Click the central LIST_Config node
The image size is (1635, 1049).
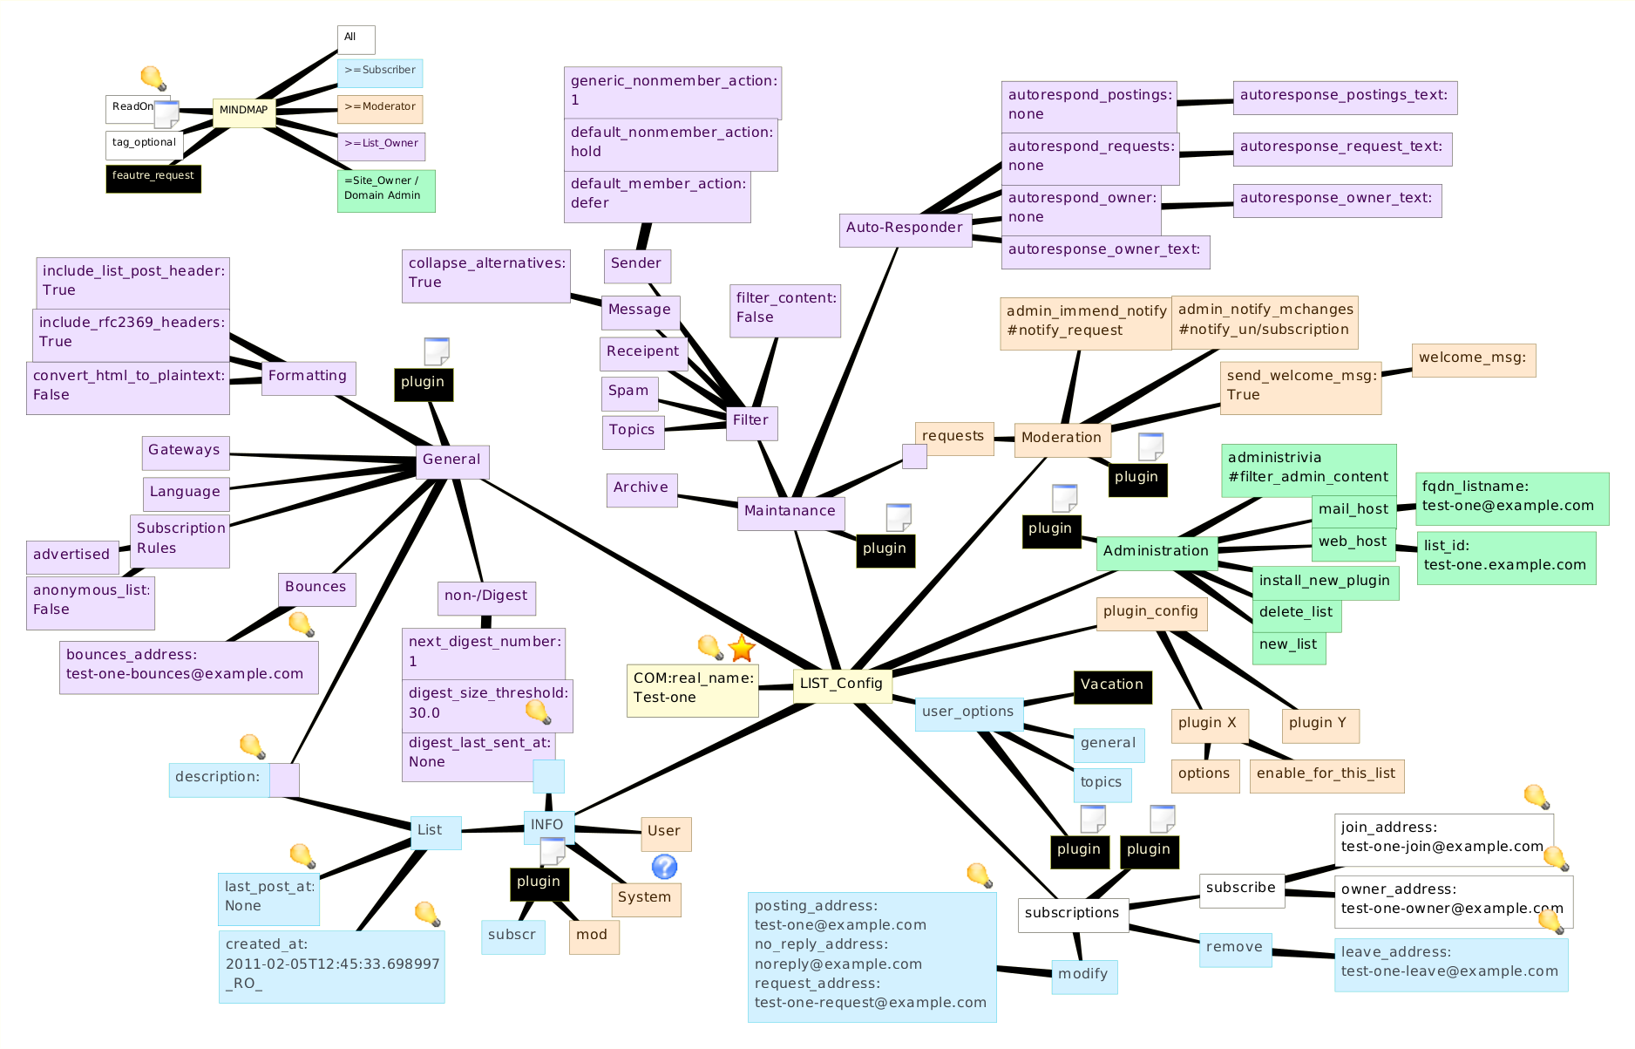[842, 684]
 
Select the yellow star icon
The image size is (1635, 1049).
[741, 648]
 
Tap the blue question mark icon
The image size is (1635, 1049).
[664, 866]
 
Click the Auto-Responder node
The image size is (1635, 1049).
[905, 228]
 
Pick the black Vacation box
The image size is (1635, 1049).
[1112, 685]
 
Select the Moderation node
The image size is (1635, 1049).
[1062, 438]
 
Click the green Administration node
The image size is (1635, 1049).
[1156, 551]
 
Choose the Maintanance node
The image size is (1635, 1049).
[790, 512]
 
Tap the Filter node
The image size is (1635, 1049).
[750, 421]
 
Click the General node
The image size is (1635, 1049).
[451, 460]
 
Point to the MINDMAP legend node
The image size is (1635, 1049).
[244, 111]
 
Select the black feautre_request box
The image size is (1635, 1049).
[153, 177]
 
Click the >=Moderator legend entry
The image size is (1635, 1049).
[380, 108]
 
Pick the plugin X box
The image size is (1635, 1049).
[1208, 724]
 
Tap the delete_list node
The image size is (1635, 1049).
[1296, 613]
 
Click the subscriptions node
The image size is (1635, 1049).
[1072, 914]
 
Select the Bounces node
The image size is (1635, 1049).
[315, 588]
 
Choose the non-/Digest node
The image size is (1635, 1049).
[485, 596]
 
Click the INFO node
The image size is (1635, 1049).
[547, 826]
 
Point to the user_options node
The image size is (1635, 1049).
[968, 712]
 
